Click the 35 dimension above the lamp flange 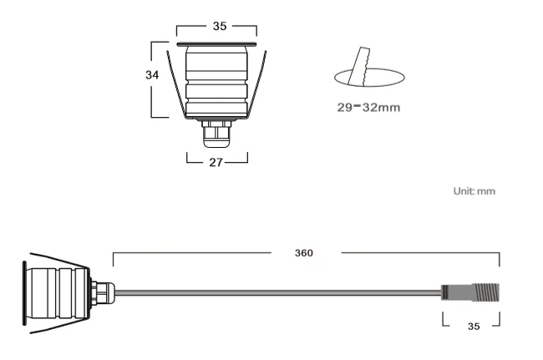click(x=219, y=26)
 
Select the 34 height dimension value click(x=152, y=74)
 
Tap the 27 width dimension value click(x=216, y=162)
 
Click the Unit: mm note click(x=474, y=191)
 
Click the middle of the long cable click(x=276, y=292)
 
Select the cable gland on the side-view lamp click(x=101, y=292)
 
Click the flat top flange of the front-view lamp click(x=216, y=43)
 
